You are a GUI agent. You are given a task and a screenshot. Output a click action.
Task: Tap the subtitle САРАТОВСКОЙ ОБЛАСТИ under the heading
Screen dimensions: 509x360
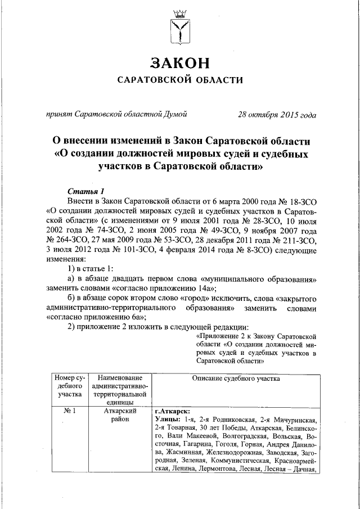pyautogui.click(x=179, y=80)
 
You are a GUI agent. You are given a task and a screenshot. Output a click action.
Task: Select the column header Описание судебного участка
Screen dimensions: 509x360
pyautogui.click(x=236, y=379)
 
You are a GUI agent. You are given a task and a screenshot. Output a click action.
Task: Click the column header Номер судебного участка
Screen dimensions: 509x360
pyautogui.click(x=69, y=386)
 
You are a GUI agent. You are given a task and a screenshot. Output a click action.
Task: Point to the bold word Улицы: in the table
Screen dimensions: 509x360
pyautogui.click(x=167, y=420)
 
